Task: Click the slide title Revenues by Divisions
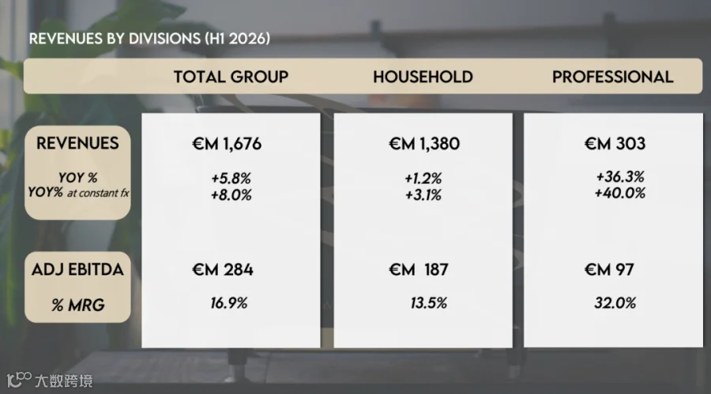tap(149, 39)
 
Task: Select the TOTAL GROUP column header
tap(231, 77)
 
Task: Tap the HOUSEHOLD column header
tap(423, 77)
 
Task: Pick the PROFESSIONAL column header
tap(612, 77)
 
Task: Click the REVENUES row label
tap(77, 143)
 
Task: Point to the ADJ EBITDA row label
tap(77, 270)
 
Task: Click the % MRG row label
tap(78, 305)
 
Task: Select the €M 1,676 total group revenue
tap(227, 144)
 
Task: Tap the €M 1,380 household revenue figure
tap(424, 144)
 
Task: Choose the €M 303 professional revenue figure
tap(615, 144)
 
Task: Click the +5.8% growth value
tap(231, 178)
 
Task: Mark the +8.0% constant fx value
tap(231, 195)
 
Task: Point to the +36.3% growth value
tap(620, 176)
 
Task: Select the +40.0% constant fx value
tap(620, 193)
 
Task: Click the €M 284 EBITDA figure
tap(223, 270)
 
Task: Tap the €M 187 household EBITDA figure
tap(419, 270)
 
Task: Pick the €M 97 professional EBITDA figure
tap(609, 270)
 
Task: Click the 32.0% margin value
tap(615, 303)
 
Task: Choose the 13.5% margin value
tap(428, 303)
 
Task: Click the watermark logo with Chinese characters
tap(50, 381)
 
